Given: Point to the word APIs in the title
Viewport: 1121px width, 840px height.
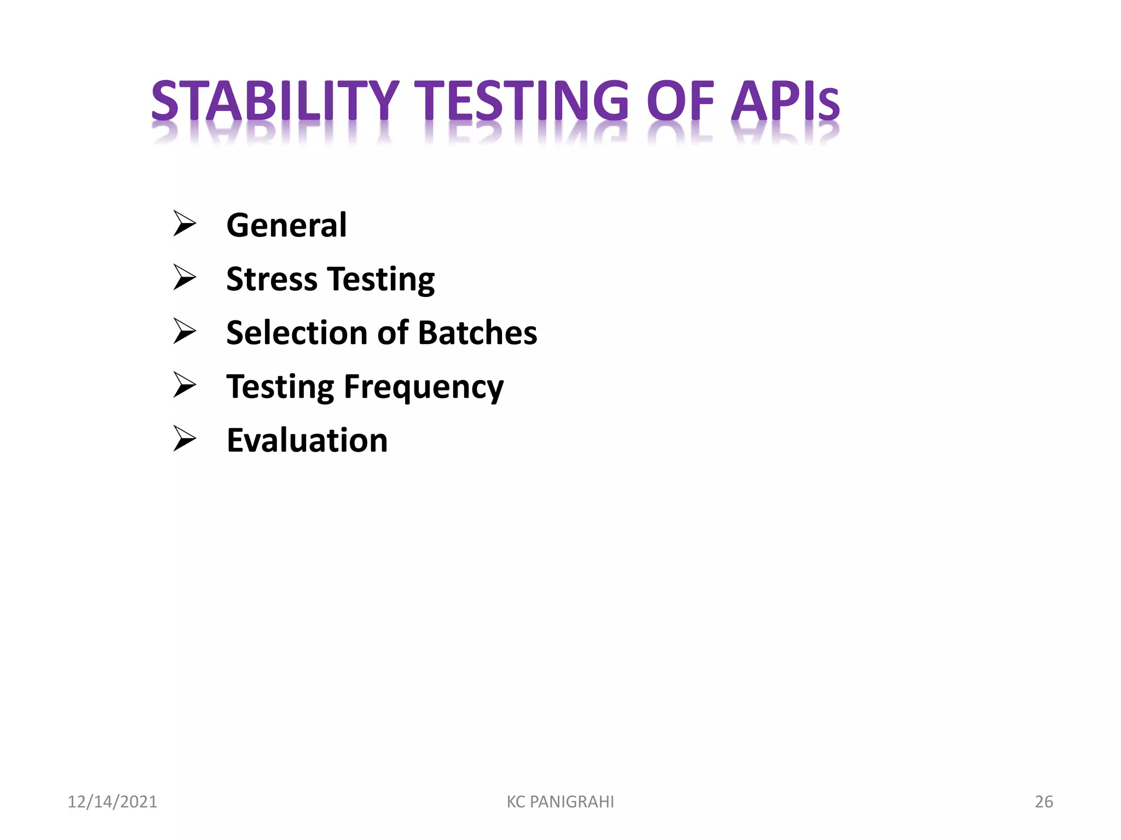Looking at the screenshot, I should click(x=785, y=101).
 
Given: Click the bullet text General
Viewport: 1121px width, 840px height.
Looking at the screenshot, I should click(x=286, y=225).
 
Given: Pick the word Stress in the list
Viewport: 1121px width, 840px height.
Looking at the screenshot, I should click(x=271, y=279).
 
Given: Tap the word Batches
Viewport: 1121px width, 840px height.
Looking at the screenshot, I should click(x=477, y=332).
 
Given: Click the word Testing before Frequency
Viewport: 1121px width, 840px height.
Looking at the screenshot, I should click(x=280, y=387).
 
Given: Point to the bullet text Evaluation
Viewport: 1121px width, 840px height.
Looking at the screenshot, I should click(x=307, y=440).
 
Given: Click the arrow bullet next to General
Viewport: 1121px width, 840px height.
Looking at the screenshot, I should click(x=184, y=224).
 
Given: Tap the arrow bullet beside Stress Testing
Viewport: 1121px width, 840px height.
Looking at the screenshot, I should click(x=184, y=277).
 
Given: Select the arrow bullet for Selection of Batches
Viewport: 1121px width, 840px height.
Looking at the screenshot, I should click(x=184, y=331).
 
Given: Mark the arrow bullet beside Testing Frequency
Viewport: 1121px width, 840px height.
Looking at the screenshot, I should click(x=184, y=385).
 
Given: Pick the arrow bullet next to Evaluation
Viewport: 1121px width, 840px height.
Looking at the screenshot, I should click(x=184, y=439).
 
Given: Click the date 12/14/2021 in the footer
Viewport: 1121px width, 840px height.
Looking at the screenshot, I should click(x=112, y=802).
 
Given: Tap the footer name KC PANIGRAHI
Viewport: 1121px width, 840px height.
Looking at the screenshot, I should click(x=560, y=802).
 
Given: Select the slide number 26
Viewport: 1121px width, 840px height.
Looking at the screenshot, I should click(x=1043, y=802).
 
